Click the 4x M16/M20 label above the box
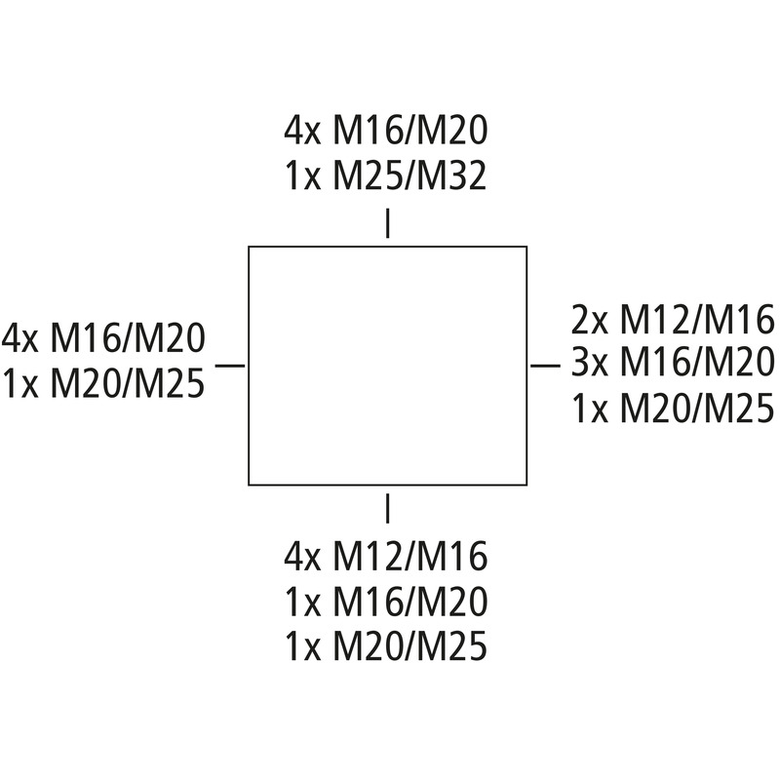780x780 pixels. pos(386,131)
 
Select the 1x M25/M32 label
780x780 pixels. pos(386,176)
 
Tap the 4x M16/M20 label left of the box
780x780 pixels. pos(103,338)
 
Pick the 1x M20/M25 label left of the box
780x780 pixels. pos(103,383)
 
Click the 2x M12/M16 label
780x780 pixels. pos(673,320)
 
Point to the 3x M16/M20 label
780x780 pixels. pos(673,362)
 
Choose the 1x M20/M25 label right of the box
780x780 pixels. pos(673,409)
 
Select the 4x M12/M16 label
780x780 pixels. pos(386,556)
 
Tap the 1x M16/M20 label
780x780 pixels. pos(386,602)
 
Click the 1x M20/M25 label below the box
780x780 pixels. pos(386,646)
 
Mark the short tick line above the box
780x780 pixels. pos(387,223)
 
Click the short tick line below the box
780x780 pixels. pos(387,508)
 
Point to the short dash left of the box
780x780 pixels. pos(230,366)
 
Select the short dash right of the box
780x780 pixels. pos(546,366)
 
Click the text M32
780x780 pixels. pos(451,176)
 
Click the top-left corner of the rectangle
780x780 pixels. pos(249,247)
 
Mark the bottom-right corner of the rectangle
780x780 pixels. pos(526,485)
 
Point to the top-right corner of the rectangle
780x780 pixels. pos(526,247)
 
